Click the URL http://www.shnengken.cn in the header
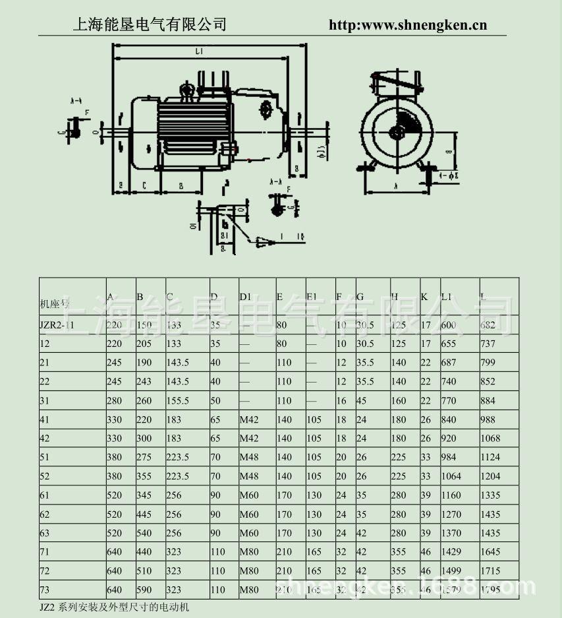pos(407,25)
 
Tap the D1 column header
pos(245,297)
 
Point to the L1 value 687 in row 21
pos(449,362)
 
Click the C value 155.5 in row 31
pos(178,400)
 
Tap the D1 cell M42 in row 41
pos(249,419)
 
